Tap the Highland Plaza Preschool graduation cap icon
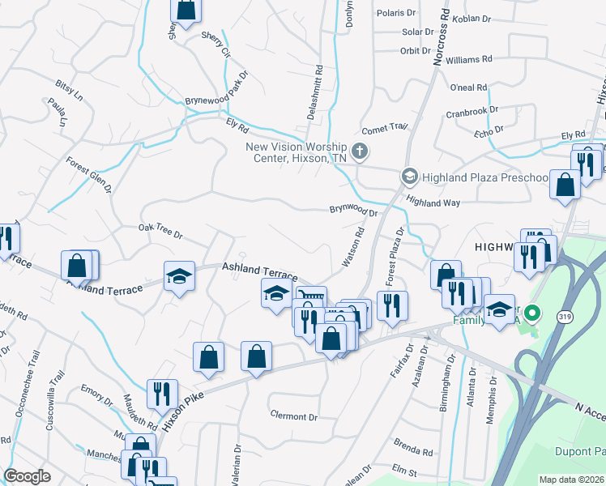410,176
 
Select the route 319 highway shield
563,317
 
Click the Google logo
27,476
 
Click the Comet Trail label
384,127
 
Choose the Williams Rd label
468,59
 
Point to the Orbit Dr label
415,50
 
